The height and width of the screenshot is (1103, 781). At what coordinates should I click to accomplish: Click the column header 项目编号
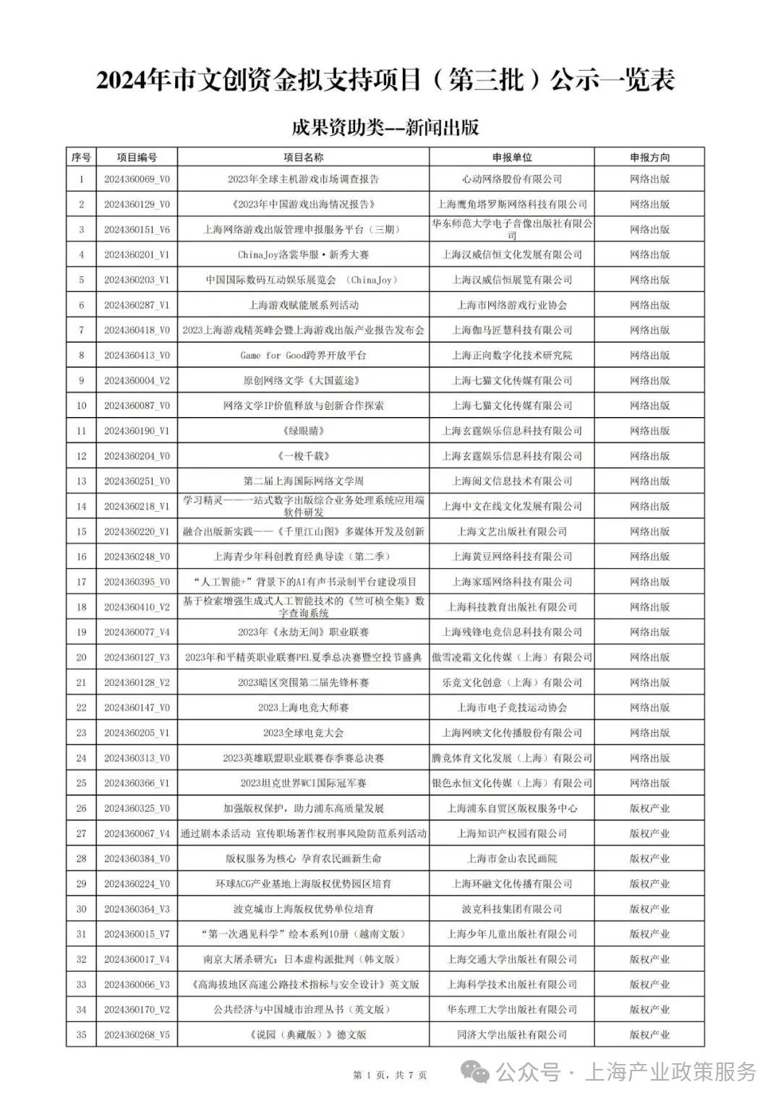(x=137, y=157)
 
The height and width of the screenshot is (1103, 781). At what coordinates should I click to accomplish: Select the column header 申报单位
(x=512, y=157)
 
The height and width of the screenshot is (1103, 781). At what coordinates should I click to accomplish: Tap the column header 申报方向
(x=649, y=157)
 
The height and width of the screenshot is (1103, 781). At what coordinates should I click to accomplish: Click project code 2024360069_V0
(x=137, y=179)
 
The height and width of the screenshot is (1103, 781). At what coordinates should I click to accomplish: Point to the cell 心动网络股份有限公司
(x=512, y=179)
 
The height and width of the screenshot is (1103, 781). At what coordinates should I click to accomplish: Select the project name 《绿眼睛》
(x=303, y=431)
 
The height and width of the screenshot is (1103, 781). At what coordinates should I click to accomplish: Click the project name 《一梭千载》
(x=303, y=456)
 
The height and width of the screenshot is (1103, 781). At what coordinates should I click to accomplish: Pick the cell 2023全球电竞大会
(x=303, y=733)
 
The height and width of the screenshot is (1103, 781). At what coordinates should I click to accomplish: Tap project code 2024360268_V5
(x=137, y=1035)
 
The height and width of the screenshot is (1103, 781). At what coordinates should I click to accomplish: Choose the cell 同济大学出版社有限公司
(x=512, y=1035)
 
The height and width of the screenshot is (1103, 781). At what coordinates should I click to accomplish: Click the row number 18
(x=81, y=607)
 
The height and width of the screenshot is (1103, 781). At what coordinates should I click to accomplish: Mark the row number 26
(x=81, y=809)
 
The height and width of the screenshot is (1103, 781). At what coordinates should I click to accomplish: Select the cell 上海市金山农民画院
(x=512, y=859)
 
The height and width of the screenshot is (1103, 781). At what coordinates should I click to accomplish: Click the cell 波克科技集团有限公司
(x=512, y=909)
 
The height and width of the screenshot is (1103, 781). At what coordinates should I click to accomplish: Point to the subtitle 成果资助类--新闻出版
(x=385, y=128)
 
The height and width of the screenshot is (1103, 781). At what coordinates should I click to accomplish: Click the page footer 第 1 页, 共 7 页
(x=390, y=1076)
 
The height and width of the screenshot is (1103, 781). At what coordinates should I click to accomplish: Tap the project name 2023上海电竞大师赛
(x=303, y=708)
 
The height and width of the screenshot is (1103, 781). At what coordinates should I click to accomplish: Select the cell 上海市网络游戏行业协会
(x=512, y=305)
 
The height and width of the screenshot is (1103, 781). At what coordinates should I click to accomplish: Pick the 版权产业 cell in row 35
(x=649, y=1035)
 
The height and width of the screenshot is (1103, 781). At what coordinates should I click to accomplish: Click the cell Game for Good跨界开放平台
(x=303, y=356)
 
